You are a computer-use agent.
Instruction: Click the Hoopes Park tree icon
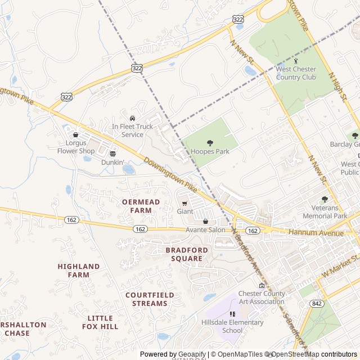coord(210,143)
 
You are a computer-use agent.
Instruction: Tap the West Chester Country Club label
coord(296,73)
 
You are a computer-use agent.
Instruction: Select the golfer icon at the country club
coord(296,61)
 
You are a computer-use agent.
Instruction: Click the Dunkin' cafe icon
coord(112,154)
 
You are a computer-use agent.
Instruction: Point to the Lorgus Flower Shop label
coord(76,147)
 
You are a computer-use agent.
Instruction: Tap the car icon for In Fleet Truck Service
coord(132,118)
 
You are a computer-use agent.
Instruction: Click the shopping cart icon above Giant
coord(184,203)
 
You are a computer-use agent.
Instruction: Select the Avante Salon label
coord(205,229)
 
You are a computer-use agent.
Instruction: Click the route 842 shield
coord(317,303)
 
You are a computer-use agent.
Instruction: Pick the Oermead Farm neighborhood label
coord(141,206)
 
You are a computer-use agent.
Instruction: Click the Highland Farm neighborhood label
coord(79,271)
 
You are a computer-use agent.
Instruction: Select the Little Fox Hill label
coord(100,322)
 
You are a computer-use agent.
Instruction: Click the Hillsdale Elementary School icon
coord(232,314)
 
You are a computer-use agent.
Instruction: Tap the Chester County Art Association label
coord(262,297)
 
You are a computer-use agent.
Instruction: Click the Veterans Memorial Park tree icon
coord(325,199)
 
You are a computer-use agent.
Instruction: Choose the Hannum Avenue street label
coord(316,232)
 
